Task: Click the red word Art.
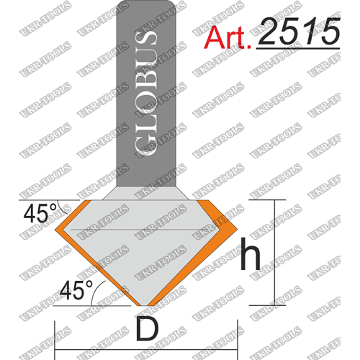click(228, 37)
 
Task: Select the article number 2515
click(299, 31)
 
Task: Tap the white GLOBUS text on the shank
click(145, 93)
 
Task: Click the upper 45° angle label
click(40, 214)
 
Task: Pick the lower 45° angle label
click(76, 289)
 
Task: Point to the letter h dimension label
click(251, 254)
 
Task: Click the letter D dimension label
click(147, 328)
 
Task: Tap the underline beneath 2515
click(298, 48)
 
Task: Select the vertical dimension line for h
click(274, 253)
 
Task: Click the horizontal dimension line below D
click(146, 349)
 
